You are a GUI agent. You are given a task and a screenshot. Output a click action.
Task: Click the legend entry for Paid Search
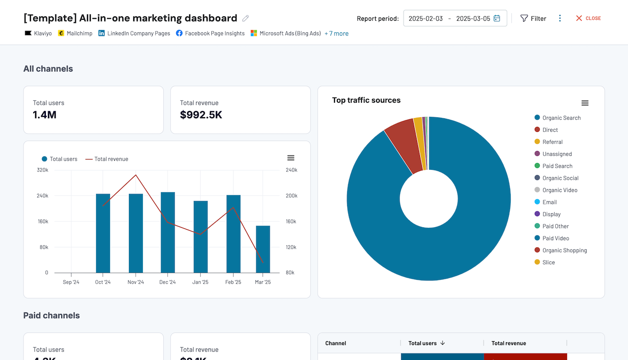(557, 166)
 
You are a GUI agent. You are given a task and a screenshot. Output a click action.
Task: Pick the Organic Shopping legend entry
(564, 250)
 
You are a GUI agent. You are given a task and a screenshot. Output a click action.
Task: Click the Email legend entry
(549, 202)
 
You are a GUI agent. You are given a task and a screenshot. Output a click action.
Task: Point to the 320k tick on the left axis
(42, 170)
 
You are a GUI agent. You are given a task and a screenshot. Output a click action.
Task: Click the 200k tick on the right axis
(291, 196)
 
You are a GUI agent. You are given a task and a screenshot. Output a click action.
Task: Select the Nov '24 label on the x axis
(136, 282)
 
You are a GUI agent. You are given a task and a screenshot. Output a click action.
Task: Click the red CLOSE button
(588, 18)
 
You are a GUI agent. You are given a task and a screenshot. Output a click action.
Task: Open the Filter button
(533, 18)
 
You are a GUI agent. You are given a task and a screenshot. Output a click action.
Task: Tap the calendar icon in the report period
(497, 18)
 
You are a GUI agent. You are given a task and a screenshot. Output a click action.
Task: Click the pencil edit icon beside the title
(246, 18)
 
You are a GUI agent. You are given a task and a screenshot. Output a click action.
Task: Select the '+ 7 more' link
(336, 33)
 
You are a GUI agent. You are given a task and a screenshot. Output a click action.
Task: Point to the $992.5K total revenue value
(201, 115)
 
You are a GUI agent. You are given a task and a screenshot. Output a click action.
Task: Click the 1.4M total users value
(45, 115)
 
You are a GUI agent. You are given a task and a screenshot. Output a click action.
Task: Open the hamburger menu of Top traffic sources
(585, 103)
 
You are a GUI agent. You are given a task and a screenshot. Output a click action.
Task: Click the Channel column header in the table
(335, 343)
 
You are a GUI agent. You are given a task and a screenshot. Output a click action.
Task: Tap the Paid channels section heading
(52, 316)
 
